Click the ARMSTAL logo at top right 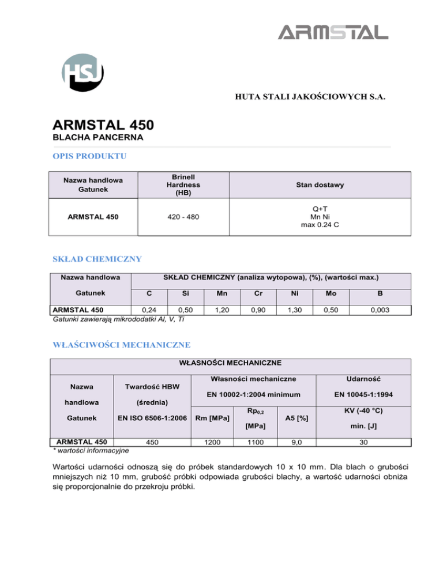(333, 33)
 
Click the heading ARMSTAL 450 (102, 125)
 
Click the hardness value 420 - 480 (183, 217)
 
